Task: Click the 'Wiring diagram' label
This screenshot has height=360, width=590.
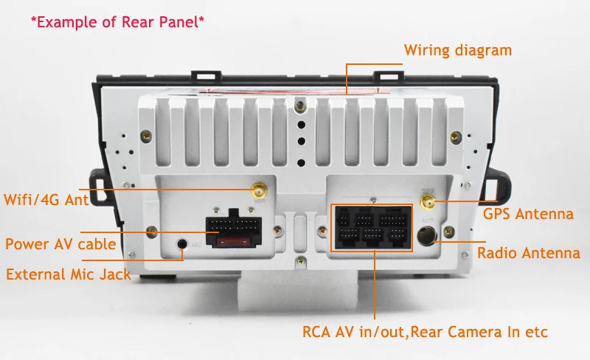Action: coord(458,50)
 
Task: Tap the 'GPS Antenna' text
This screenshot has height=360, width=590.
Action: coord(528,214)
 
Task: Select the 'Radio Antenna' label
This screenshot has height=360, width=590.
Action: coord(529,253)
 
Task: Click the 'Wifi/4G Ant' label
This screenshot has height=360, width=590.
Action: coord(46,200)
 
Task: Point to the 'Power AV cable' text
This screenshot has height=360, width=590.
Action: coord(60,244)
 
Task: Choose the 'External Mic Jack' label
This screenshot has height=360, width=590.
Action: coord(69,274)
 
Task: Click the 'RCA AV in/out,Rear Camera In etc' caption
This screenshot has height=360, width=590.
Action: coord(426,332)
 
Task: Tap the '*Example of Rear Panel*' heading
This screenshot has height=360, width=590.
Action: coord(117,22)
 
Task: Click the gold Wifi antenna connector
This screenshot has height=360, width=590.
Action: coord(259,190)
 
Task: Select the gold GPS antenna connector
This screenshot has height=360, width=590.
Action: coord(428,203)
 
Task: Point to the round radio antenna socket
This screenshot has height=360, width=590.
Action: coord(427,235)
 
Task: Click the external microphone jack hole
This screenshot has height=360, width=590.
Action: coord(182,243)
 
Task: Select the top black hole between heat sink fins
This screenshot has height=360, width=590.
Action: coord(301,125)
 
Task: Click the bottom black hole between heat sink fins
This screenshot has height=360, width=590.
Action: coord(301,163)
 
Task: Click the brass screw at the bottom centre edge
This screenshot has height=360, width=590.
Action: coord(301,260)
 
